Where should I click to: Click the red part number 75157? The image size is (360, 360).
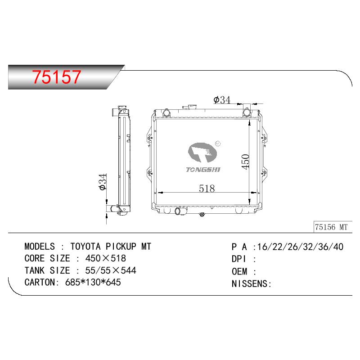[57, 76]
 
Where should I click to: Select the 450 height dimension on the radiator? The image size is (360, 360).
[245, 162]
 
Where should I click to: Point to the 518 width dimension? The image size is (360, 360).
[207, 189]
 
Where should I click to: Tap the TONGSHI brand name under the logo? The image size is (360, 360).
[203, 170]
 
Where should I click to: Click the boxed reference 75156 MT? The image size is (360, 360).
[331, 227]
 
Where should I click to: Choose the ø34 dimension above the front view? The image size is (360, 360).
[222, 100]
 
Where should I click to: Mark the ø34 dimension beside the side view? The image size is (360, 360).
[103, 182]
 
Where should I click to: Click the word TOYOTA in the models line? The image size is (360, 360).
[85, 247]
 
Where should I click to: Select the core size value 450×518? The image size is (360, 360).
[106, 258]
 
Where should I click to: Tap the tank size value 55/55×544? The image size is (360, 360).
[111, 270]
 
